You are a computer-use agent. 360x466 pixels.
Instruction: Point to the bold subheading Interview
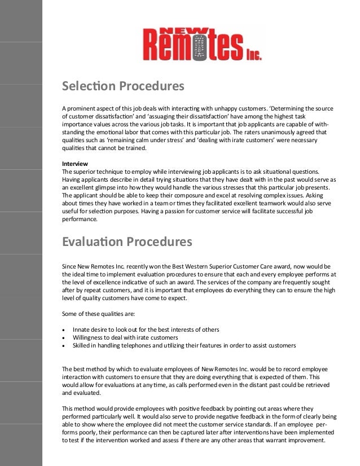pos(74,163)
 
